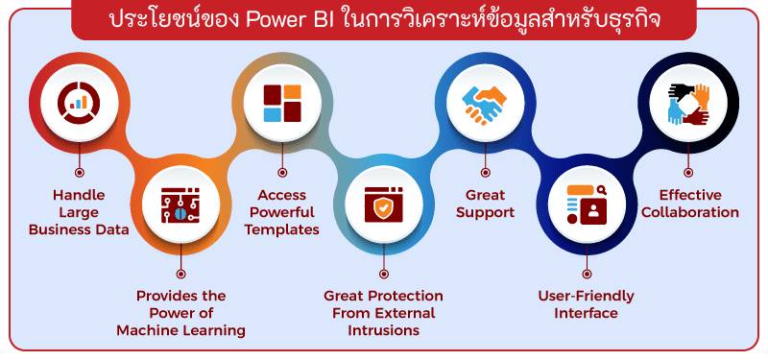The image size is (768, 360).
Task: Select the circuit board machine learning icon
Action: [x=182, y=203]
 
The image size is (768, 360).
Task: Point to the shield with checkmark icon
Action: [x=383, y=203]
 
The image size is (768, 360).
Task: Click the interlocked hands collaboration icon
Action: [x=688, y=103]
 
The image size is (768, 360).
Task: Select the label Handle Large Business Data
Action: [x=79, y=211]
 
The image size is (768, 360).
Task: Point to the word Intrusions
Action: [x=383, y=330]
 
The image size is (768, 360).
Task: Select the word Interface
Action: [x=587, y=313]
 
